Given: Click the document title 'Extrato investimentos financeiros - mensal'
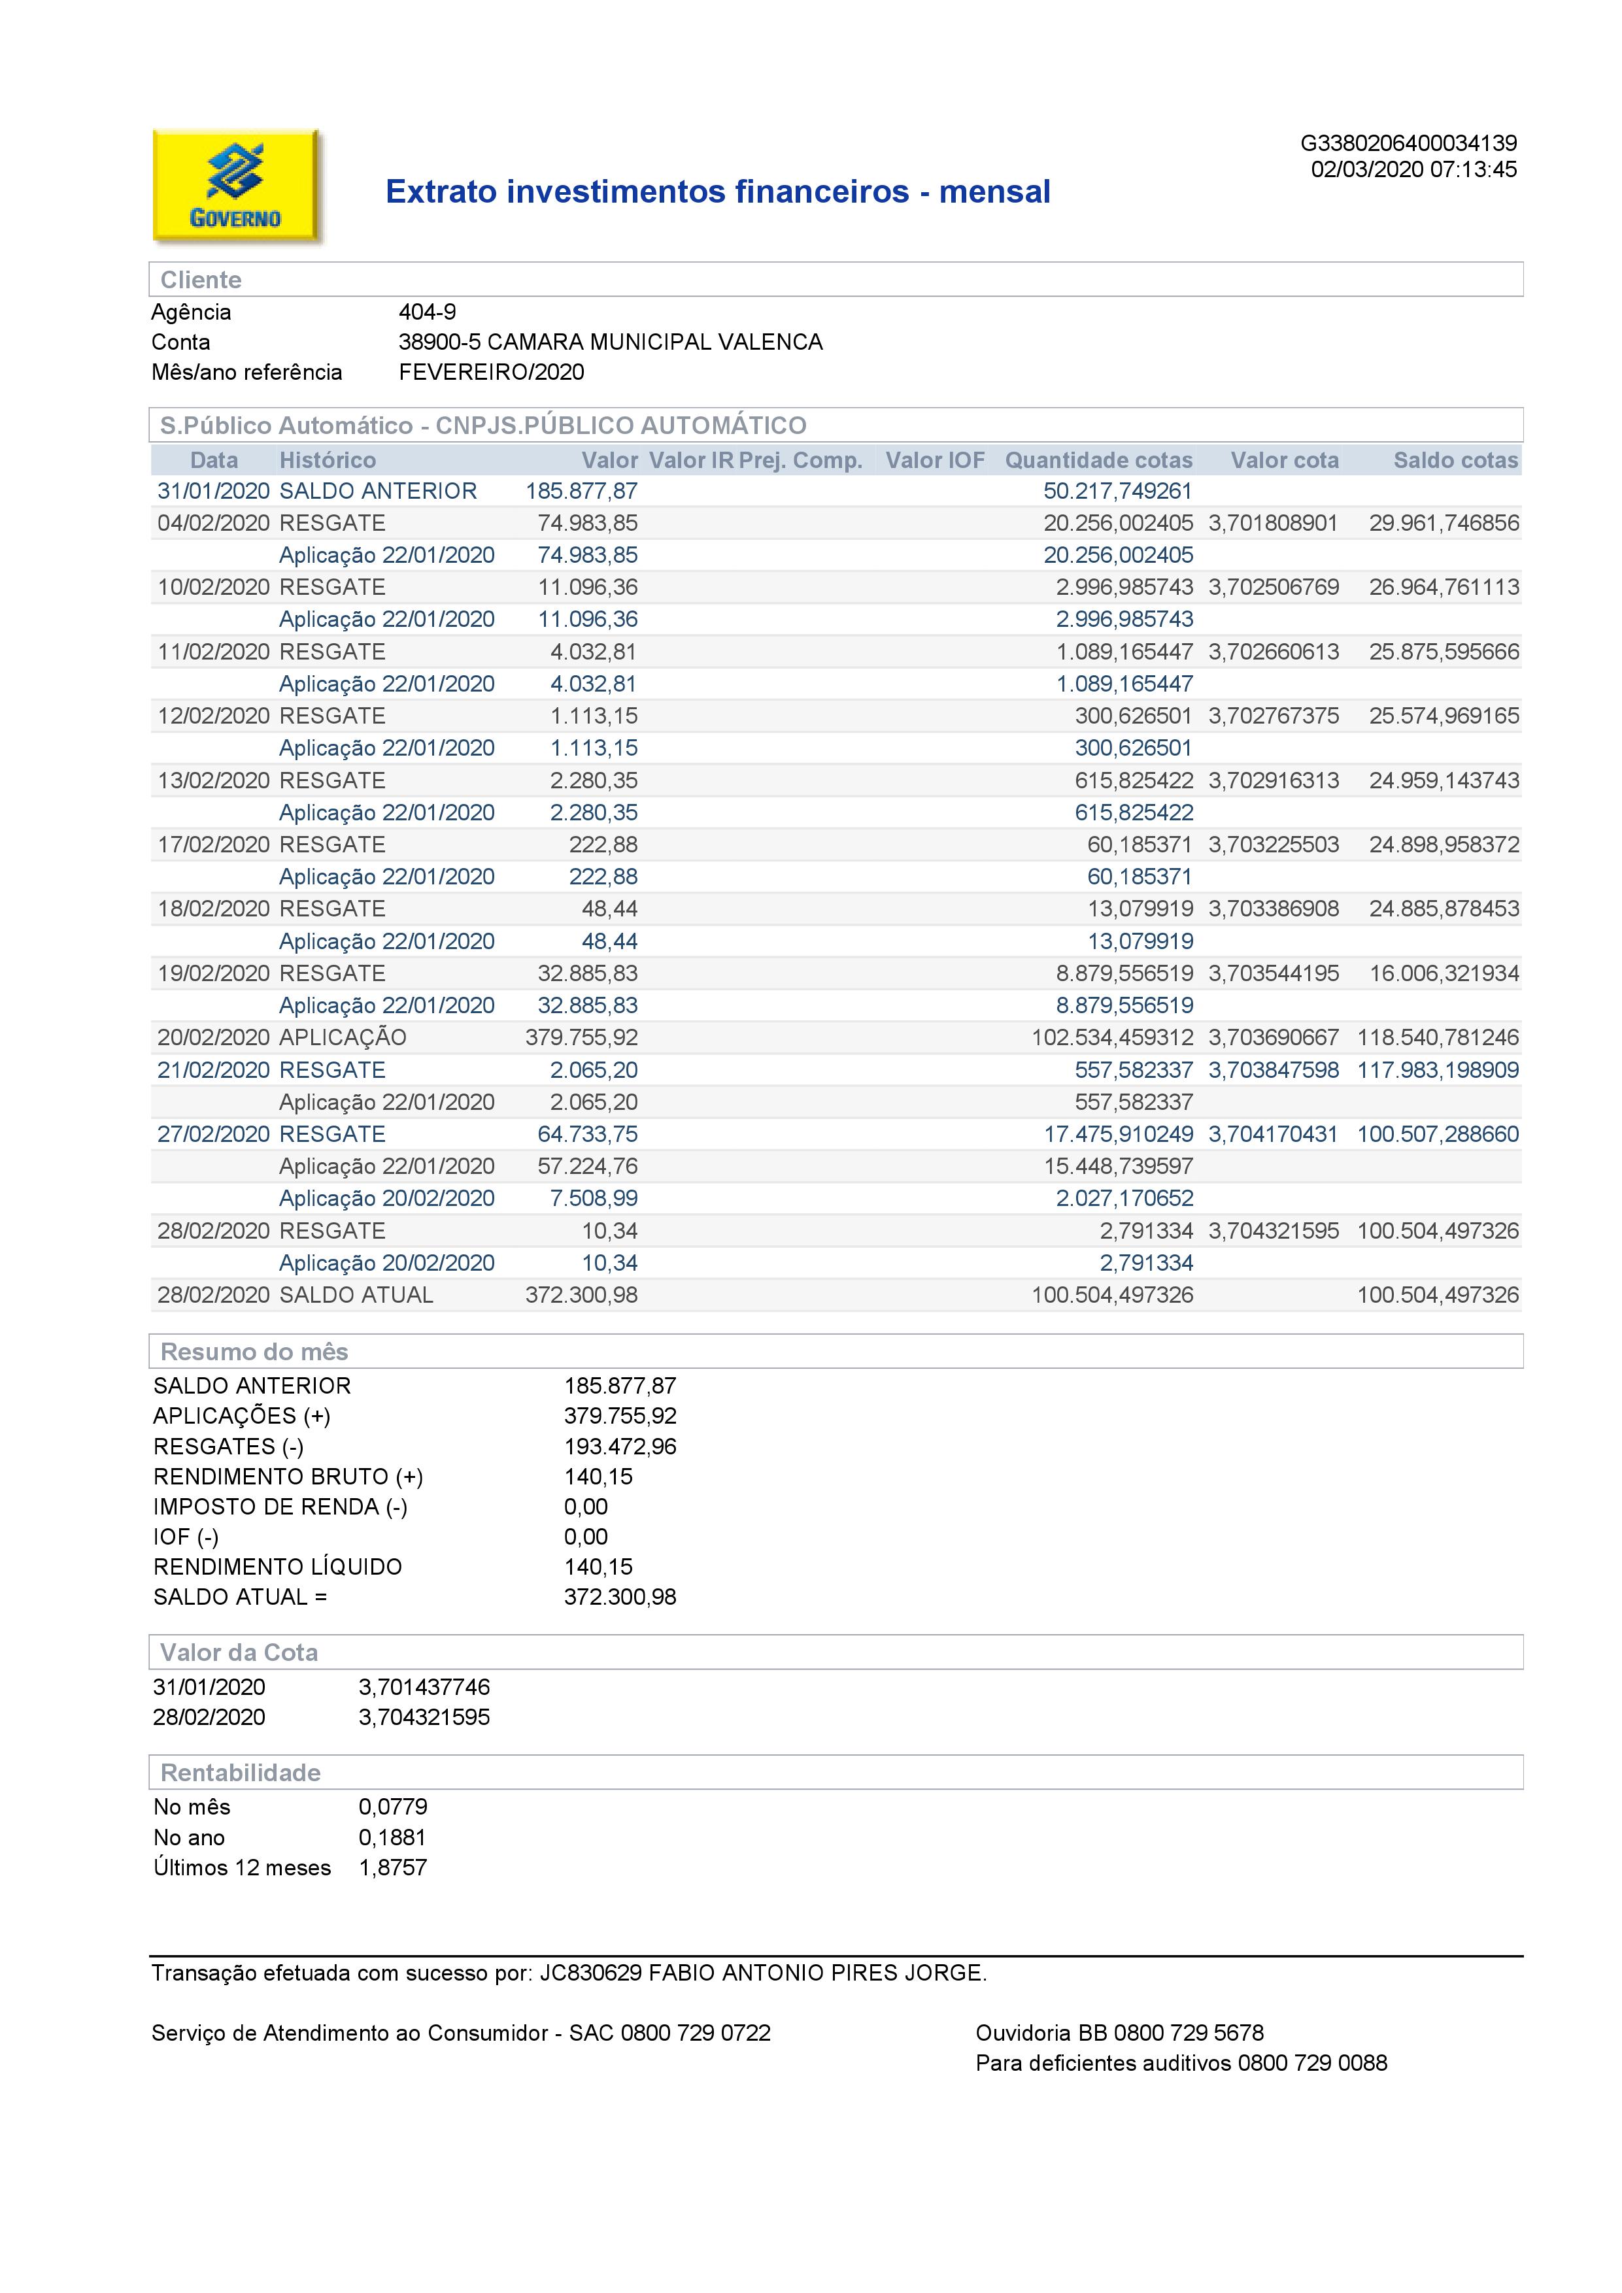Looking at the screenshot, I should point(717,191).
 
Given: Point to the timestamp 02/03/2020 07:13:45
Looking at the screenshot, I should point(1413,170).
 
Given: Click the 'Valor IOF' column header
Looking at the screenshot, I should point(935,460).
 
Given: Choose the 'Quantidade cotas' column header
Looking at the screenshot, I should point(1098,460).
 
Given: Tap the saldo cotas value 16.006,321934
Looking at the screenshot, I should point(1444,974).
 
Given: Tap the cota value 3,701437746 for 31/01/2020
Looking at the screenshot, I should point(424,1687).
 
